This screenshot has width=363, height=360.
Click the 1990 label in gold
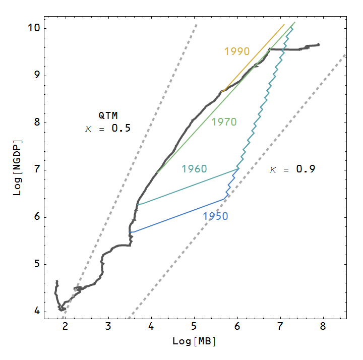pos(237,51)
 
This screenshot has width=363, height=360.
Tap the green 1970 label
pos(224,122)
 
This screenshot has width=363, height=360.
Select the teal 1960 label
pos(194,169)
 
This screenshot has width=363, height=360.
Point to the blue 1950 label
pos(215,216)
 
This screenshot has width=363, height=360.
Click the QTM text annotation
pos(108,115)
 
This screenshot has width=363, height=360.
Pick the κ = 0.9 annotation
pos(292,169)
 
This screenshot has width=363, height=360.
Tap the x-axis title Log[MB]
pos(194,341)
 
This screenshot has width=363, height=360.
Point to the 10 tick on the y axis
pos(34,28)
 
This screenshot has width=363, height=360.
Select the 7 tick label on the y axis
pos(37,170)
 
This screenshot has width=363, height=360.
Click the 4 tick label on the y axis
pos(37,312)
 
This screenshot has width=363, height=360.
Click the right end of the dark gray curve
pos(319,45)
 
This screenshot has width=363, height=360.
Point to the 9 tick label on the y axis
pos(37,76)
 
